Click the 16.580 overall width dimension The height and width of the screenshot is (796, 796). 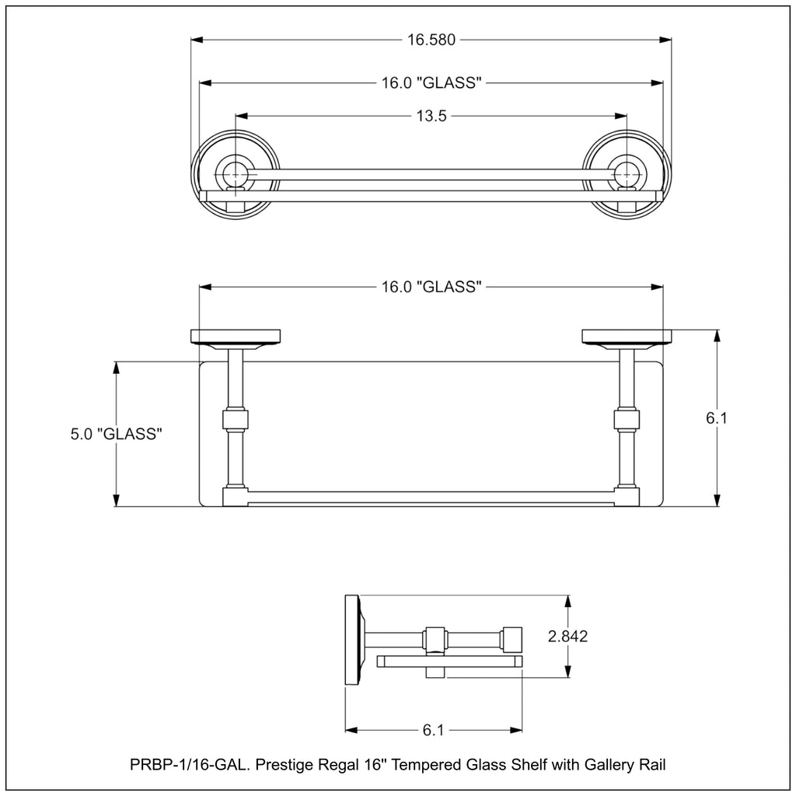(431, 40)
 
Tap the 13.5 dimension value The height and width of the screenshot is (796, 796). (431, 116)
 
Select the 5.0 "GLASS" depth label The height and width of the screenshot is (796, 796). (117, 434)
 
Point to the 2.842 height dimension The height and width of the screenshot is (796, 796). (567, 636)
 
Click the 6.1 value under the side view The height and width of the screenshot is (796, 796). (433, 730)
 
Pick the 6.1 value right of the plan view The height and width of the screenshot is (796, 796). (716, 417)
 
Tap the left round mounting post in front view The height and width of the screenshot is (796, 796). (236, 175)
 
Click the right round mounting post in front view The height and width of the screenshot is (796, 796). (627, 175)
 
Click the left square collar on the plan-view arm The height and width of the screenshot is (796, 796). (236, 420)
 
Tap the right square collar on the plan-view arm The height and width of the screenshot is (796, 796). (627, 420)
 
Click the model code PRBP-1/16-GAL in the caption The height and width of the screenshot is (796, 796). (190, 765)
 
